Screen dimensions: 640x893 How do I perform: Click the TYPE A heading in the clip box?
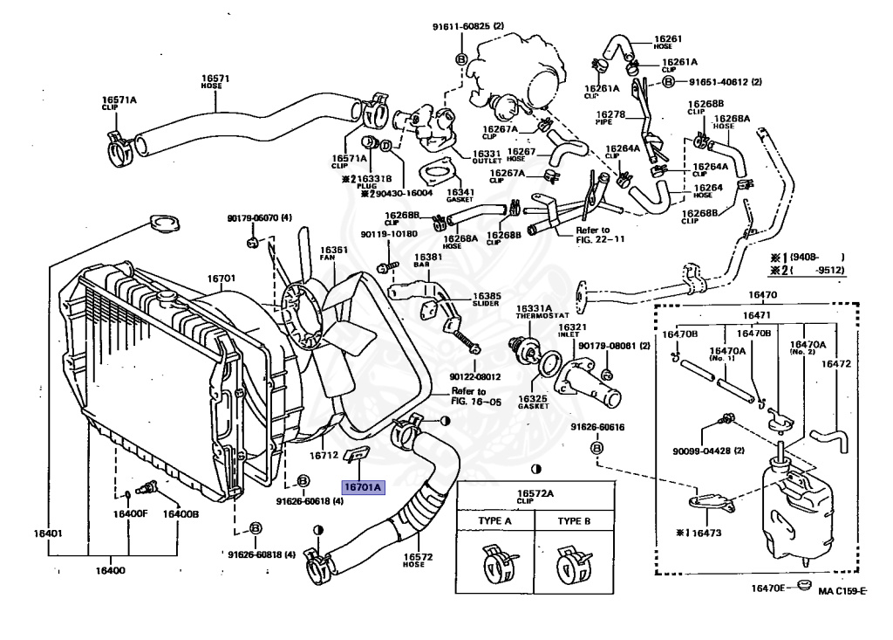[x=495, y=521]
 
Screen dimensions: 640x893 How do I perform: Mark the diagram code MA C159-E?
[x=842, y=591]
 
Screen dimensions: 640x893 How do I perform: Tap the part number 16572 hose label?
[x=417, y=556]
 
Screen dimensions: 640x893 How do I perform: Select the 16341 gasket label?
[x=460, y=193]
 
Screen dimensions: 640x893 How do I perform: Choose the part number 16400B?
[x=180, y=513]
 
